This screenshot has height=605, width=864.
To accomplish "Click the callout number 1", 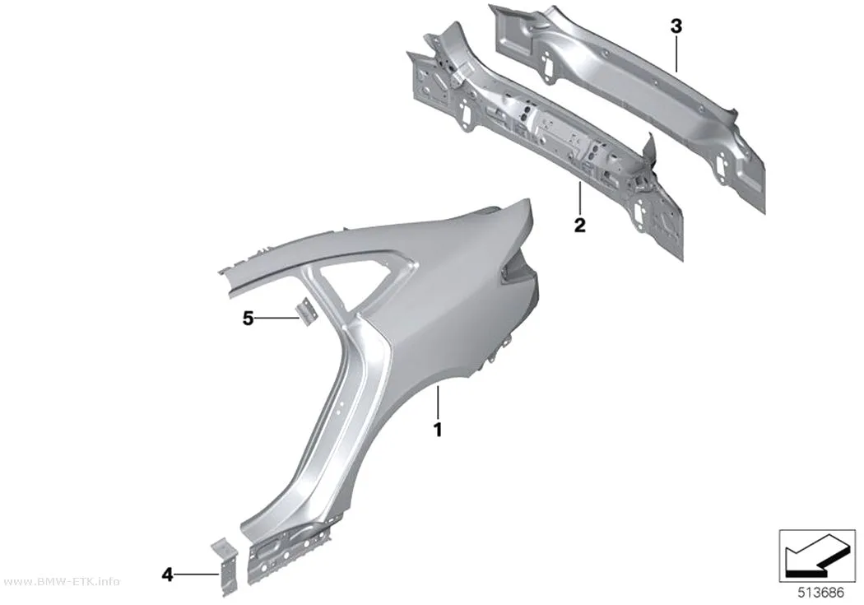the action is click(438, 430).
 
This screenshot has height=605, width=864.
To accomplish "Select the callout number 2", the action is click(579, 225).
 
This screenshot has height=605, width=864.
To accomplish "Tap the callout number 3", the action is click(676, 26).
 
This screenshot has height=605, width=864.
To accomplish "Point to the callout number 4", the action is click(168, 575).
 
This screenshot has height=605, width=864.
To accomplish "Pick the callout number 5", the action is click(249, 318).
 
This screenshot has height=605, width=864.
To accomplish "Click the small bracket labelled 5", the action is click(305, 311).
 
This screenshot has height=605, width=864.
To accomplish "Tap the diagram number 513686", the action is click(821, 593).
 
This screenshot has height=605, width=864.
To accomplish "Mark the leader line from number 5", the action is click(278, 318).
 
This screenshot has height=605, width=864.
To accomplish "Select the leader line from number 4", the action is click(197, 575).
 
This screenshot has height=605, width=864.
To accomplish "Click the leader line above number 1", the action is click(438, 403).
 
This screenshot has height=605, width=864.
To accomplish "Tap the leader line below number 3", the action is click(676, 54).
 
